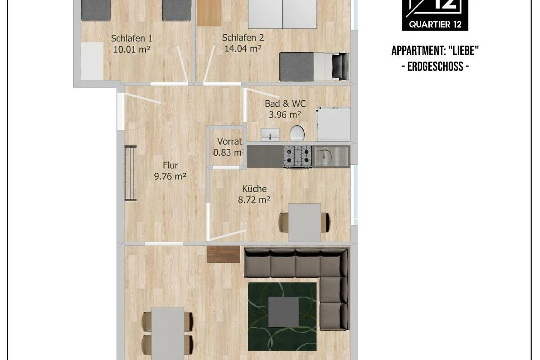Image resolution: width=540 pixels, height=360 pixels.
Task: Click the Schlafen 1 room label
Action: click(x=131, y=38)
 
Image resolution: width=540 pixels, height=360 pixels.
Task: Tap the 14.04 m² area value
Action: click(x=243, y=49)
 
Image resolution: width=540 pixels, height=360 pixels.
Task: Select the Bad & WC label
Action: click(x=285, y=103)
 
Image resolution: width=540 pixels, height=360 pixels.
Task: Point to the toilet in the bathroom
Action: click(x=297, y=133)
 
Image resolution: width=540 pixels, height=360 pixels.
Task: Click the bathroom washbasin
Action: click(x=270, y=135)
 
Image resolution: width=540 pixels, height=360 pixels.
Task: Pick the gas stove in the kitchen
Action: click(x=297, y=157)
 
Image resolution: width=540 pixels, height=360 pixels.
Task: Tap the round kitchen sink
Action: click(x=324, y=157)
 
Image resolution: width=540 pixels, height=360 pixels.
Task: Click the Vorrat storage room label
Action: click(x=229, y=142)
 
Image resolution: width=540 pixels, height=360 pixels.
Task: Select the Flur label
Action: click(x=170, y=166)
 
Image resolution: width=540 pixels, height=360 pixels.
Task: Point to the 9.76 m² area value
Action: click(x=170, y=176)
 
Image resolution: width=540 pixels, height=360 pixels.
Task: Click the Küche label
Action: click(x=254, y=189)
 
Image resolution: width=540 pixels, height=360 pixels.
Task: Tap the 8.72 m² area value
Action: click(x=254, y=200)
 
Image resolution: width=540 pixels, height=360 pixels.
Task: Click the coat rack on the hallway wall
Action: click(x=130, y=173)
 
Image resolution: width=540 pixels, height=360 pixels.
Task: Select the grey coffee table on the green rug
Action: click(x=283, y=312)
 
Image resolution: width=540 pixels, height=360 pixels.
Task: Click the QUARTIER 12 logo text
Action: click(x=435, y=24)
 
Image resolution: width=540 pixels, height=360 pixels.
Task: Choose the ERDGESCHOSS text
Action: click(x=436, y=67)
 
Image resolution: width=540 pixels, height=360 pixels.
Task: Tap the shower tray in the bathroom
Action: click(x=333, y=124)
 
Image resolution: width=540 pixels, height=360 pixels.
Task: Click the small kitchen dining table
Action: click(x=305, y=222)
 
